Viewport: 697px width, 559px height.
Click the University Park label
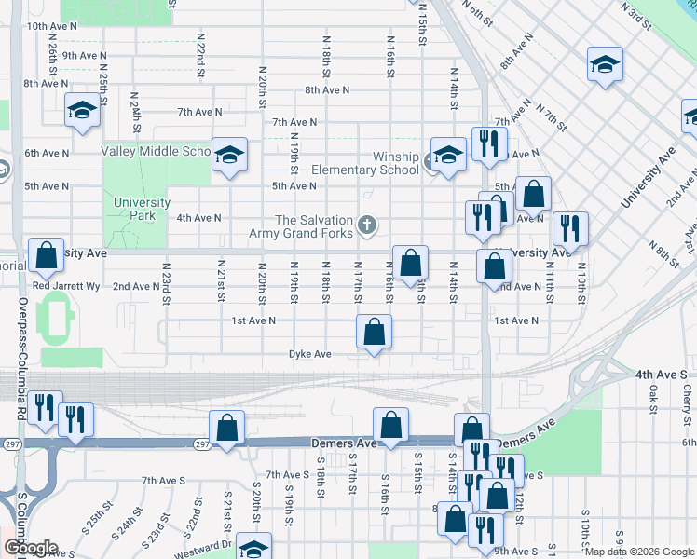(x=142, y=209)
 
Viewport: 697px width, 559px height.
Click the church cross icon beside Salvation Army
(x=368, y=225)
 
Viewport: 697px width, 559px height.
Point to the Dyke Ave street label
(x=310, y=354)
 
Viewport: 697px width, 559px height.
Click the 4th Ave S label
(x=660, y=374)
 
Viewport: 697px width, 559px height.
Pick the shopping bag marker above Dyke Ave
(x=374, y=333)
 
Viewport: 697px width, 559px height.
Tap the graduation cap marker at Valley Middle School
(x=228, y=154)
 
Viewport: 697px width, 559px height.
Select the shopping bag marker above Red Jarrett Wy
(x=46, y=255)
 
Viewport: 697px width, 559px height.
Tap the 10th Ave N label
(x=50, y=26)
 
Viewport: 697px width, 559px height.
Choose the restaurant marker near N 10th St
(x=569, y=229)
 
